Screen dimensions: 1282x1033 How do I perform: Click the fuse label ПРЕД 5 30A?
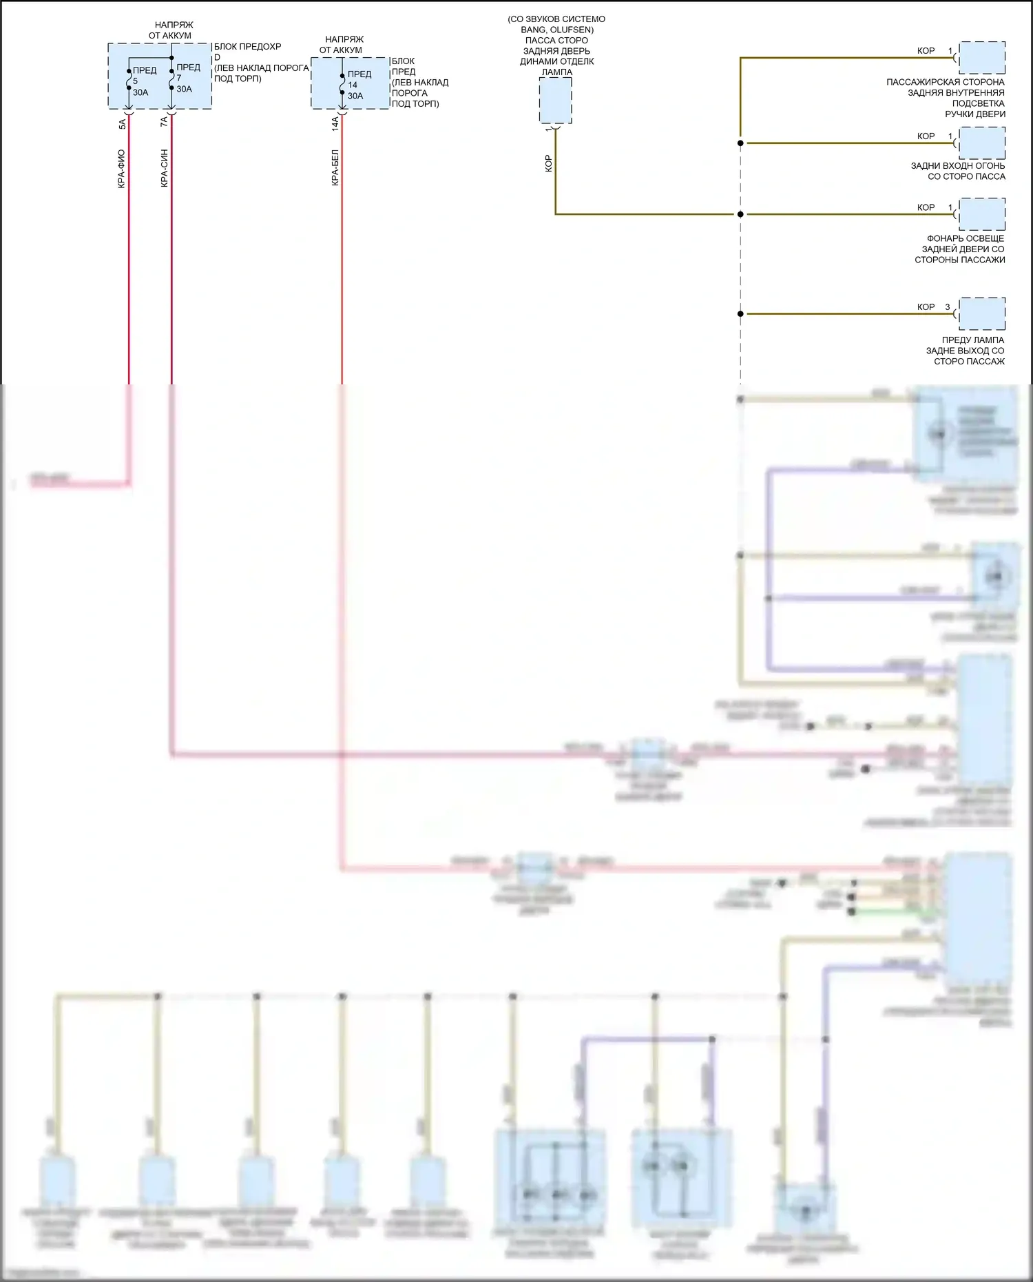[143, 81]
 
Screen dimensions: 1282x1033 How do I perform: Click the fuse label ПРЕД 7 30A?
[187, 78]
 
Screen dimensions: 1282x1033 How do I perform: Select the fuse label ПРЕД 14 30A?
[358, 85]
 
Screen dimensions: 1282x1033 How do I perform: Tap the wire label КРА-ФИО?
[122, 169]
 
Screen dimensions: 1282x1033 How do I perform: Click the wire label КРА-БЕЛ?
[335, 168]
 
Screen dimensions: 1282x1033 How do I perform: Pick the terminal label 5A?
[122, 124]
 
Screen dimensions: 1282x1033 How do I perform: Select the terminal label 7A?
[164, 122]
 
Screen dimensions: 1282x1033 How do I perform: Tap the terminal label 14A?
[335, 124]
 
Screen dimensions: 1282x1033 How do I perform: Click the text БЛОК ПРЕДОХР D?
[247, 52]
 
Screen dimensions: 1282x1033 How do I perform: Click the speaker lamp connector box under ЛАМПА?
[555, 101]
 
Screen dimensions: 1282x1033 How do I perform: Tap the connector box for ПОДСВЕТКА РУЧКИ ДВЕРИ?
[981, 58]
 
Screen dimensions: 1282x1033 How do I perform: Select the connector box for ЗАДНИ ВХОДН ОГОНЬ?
[981, 143]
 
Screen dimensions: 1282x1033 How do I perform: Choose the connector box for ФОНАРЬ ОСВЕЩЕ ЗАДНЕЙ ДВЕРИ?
[981, 214]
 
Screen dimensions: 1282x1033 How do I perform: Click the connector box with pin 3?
[981, 313]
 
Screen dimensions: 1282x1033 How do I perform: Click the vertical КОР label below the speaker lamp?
[548, 163]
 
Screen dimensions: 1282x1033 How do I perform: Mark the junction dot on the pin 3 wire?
[740, 314]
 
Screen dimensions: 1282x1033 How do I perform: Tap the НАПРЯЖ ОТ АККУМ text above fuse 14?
[342, 45]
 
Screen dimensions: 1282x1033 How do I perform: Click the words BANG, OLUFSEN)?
[556, 30]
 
